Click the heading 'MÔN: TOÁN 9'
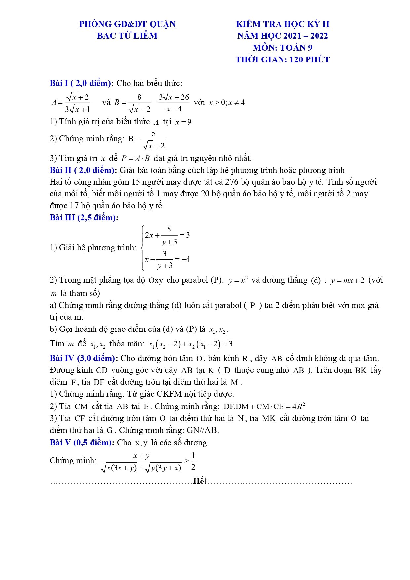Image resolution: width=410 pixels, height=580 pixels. (x=282, y=48)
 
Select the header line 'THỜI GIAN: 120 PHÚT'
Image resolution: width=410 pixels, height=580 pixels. (x=282, y=59)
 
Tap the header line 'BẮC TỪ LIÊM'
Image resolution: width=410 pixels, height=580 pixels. (x=127, y=36)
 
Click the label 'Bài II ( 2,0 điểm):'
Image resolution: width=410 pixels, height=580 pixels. (x=83, y=170)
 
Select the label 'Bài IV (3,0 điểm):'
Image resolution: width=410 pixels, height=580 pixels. (x=84, y=358)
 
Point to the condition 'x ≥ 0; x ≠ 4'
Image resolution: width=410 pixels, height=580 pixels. (x=227, y=102)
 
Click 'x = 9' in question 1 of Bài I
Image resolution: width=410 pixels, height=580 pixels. (x=183, y=122)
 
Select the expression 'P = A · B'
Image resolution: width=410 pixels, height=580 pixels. (x=135, y=159)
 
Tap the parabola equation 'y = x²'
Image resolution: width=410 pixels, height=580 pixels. (x=238, y=280)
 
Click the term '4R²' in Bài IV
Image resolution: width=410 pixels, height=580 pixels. (x=298, y=406)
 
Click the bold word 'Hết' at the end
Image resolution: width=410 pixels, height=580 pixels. (x=200, y=481)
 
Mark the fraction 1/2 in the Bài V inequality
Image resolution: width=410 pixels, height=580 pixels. (x=193, y=461)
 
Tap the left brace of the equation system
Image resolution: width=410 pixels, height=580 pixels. (x=142, y=248)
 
